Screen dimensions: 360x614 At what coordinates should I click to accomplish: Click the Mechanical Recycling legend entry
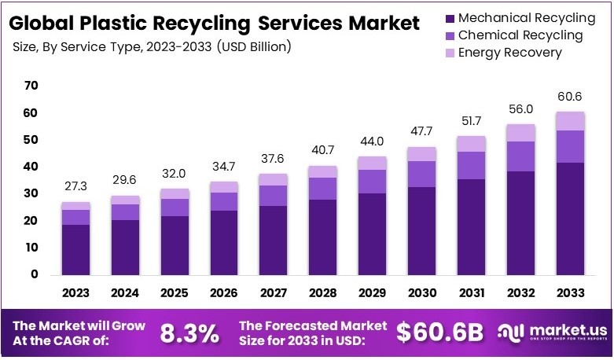click(x=520, y=17)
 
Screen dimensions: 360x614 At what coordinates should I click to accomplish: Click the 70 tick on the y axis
click(x=31, y=86)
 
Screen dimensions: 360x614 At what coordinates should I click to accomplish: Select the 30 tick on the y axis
click(x=31, y=193)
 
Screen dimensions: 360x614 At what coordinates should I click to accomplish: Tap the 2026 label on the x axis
click(x=224, y=293)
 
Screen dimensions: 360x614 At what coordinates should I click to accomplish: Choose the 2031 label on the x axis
click(x=471, y=293)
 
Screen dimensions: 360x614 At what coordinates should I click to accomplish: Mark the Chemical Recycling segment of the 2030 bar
click(x=421, y=174)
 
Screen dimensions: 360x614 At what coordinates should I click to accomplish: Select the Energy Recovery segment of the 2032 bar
click(x=520, y=133)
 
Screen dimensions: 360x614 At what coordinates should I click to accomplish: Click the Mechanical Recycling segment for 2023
click(x=76, y=250)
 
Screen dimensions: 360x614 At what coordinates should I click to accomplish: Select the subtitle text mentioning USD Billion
click(x=153, y=46)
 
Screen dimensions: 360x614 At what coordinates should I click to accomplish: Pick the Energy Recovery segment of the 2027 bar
click(x=274, y=179)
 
